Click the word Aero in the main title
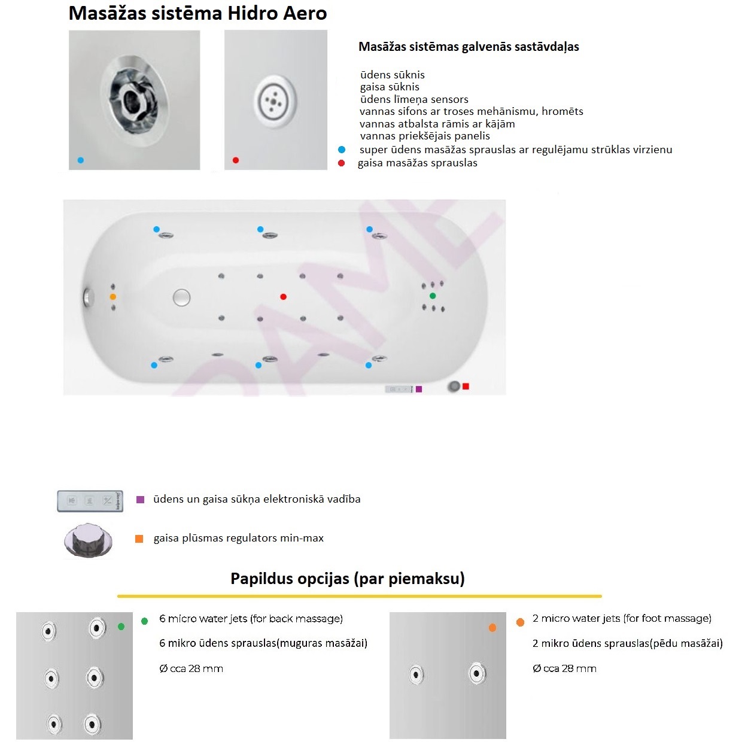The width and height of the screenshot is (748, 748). click(305, 14)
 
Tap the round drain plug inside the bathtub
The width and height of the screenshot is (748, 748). click(181, 298)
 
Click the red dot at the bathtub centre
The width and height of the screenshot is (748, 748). click(284, 297)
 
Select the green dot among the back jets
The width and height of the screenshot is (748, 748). click(433, 296)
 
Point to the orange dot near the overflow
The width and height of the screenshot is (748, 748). click(113, 297)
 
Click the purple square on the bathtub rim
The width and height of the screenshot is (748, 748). click(419, 389)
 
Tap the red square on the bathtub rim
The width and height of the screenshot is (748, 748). click(466, 386)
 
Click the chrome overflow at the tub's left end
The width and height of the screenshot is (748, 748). click(89, 297)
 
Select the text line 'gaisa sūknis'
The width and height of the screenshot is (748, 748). click(390, 87)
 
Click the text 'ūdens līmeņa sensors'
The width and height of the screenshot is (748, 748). click(414, 99)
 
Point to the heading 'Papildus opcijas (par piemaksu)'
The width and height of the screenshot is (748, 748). click(348, 579)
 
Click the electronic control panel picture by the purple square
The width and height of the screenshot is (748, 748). click(90, 501)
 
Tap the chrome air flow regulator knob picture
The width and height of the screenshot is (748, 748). click(88, 540)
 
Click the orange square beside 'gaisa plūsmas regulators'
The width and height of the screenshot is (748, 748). click(139, 539)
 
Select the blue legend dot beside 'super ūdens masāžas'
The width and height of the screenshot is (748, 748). click(342, 150)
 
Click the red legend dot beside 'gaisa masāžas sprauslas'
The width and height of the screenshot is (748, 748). click(341, 163)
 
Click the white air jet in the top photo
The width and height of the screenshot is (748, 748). click(275, 101)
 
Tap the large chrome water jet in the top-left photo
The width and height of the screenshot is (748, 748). click(134, 100)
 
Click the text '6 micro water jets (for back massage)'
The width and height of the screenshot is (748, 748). click(251, 618)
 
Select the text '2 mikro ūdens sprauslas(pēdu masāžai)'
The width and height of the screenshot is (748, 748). click(627, 643)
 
